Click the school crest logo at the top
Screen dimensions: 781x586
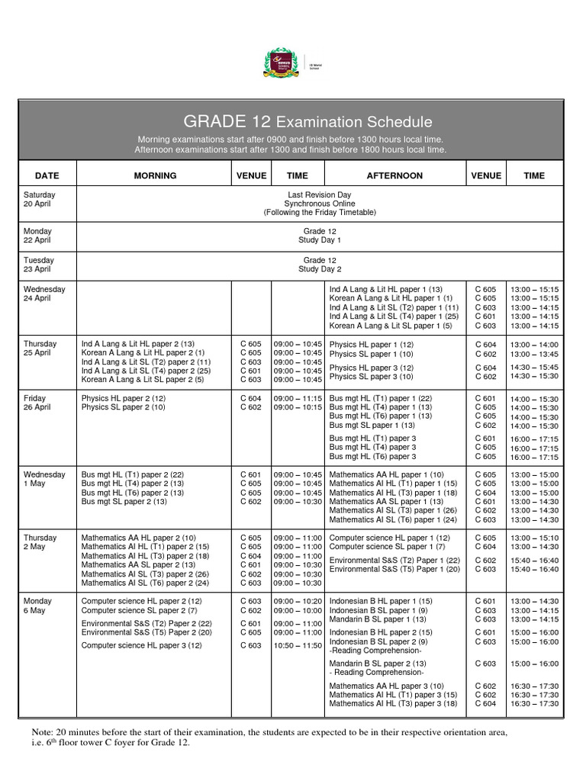click(281, 63)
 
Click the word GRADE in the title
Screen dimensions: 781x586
click(214, 122)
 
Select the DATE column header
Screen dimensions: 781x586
click(47, 175)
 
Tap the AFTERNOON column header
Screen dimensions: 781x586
click(394, 175)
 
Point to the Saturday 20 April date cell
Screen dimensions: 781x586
click(40, 200)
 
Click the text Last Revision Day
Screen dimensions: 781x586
click(320, 195)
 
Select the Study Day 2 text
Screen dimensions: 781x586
click(320, 269)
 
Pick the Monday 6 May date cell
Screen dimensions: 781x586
click(37, 606)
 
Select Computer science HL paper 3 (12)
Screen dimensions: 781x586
click(141, 645)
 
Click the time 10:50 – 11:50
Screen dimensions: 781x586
click(298, 645)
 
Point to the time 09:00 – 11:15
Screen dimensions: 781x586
click(298, 398)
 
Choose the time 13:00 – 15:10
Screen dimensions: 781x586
click(534, 538)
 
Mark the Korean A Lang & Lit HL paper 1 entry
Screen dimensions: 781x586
click(391, 298)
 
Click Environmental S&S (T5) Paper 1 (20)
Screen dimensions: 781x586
click(394, 569)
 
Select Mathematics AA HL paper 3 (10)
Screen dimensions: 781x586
click(386, 686)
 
